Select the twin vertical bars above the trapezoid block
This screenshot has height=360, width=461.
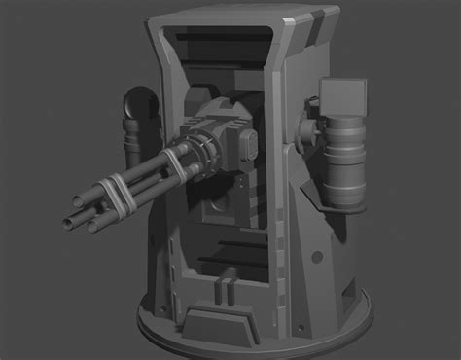click(x=226, y=288)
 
